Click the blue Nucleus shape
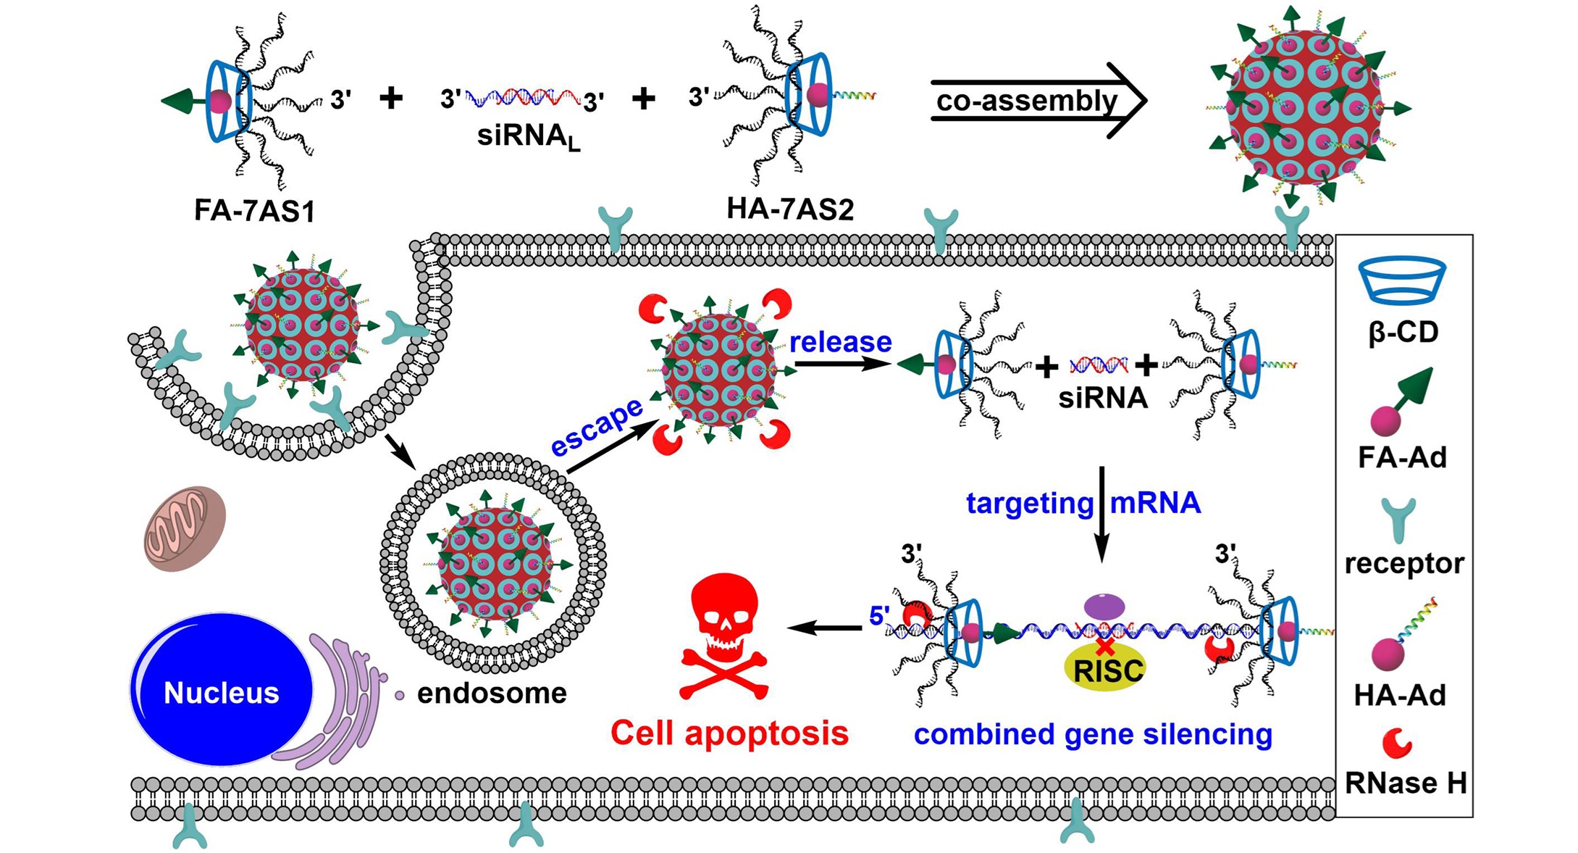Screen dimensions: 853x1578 (x=221, y=690)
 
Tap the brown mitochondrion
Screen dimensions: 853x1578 (x=185, y=528)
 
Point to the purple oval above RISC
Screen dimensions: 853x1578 (x=1104, y=605)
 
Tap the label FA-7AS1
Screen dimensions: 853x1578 (x=254, y=211)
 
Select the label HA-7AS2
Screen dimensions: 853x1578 (x=790, y=209)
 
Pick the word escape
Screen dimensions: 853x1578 (x=595, y=427)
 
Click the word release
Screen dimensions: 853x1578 (x=840, y=342)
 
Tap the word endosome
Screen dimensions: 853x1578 (x=492, y=694)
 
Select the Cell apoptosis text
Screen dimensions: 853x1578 (x=729, y=733)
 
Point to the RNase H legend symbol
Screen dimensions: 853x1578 (x=1397, y=742)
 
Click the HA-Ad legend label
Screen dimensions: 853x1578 (x=1400, y=695)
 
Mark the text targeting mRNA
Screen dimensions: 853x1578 (x=1083, y=503)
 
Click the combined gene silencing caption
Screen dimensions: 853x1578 (x=1093, y=734)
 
